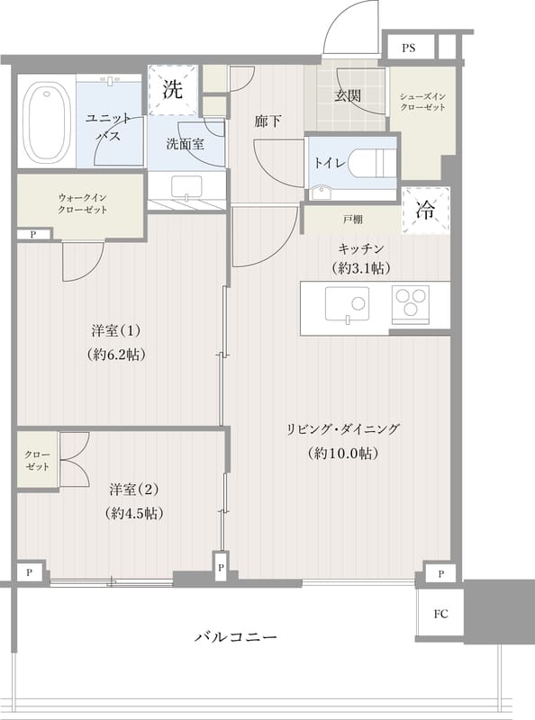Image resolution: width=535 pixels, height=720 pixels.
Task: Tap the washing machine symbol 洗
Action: (x=172, y=89)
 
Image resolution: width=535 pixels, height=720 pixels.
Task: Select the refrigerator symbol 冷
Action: (x=424, y=211)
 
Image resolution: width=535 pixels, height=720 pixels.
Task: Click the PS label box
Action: (x=409, y=47)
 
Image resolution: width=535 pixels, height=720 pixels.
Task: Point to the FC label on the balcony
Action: (x=440, y=615)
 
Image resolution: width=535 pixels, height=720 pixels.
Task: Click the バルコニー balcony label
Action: (x=236, y=637)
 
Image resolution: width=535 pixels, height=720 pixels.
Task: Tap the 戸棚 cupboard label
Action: (x=352, y=219)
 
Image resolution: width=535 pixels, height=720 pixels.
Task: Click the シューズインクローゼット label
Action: (x=422, y=101)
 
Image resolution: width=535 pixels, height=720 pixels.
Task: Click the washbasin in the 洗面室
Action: (x=187, y=187)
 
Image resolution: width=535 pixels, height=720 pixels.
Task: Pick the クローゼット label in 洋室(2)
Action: (x=37, y=462)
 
